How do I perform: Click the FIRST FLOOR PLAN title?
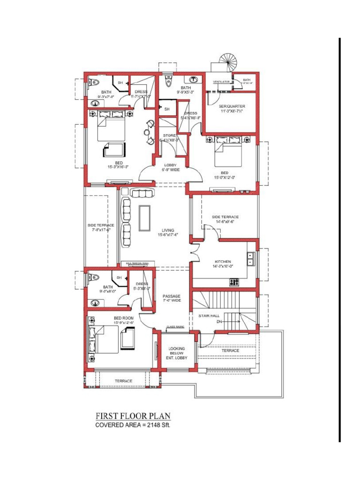133,416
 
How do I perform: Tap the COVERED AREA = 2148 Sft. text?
133,425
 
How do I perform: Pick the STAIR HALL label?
209,316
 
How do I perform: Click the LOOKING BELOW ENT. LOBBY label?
177,353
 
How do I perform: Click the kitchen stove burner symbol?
233,282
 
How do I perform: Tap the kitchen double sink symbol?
251,258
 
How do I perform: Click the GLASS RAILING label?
175,327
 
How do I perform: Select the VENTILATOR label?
221,82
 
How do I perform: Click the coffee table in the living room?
144,218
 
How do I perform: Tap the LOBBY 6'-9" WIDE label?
171,167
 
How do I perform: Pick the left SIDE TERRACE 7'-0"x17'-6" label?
101,227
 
